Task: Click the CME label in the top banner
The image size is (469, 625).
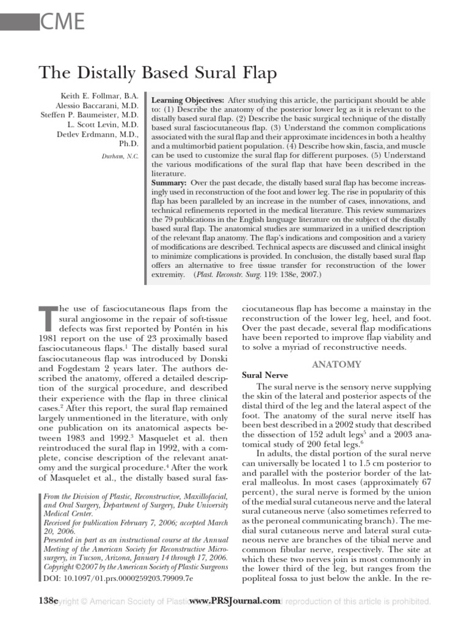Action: tap(60, 23)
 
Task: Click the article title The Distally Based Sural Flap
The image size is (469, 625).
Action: tap(158, 73)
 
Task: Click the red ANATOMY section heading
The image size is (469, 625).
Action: tap(336, 364)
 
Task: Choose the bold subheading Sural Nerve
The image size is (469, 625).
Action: tap(266, 375)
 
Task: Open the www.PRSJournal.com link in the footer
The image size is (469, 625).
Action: tap(234, 601)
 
